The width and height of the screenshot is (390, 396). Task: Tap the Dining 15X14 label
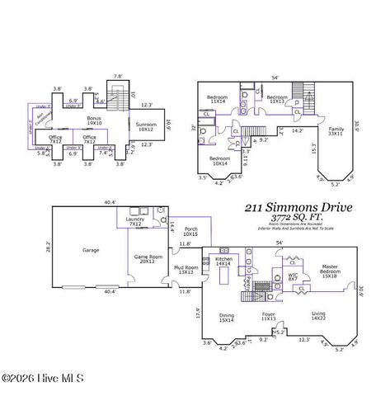[228, 317]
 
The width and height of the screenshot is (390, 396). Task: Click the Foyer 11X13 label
[269, 317]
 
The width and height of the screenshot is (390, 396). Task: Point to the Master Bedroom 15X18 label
[330, 270]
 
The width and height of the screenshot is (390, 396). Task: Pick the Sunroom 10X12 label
[145, 127]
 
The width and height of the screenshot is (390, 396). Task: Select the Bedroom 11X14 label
[217, 100]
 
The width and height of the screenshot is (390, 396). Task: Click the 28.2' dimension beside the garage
[46, 246]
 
